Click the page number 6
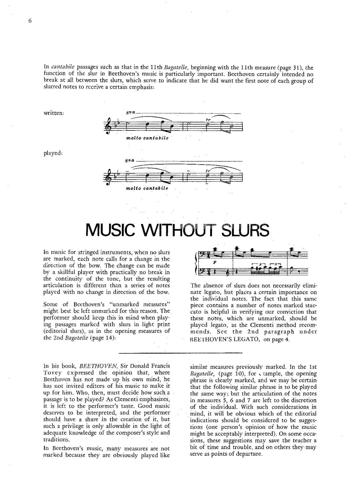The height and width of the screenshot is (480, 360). (x=30, y=21)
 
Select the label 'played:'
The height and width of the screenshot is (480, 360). (x=53, y=153)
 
